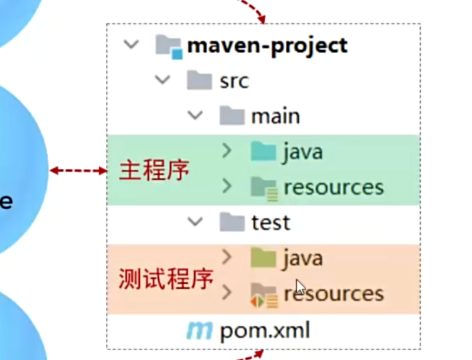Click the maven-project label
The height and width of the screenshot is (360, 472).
click(267, 45)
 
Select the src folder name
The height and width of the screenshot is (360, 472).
click(234, 80)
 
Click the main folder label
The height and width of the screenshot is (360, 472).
click(275, 116)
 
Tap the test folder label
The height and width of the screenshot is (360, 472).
click(271, 222)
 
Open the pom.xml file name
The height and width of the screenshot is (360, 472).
click(265, 331)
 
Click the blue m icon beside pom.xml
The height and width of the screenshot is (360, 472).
click(199, 331)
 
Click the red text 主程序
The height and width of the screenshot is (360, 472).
click(154, 171)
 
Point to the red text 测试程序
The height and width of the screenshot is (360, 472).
click(166, 280)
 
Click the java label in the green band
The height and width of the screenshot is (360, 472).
click(303, 151)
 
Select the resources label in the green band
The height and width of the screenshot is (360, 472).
click(333, 187)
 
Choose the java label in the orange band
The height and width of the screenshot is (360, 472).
click(303, 257)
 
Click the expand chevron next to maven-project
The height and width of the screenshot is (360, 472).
click(131, 45)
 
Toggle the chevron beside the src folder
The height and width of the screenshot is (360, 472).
click(163, 80)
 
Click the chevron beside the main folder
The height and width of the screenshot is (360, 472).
click(195, 115)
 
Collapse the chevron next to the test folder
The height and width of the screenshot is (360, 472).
click(195, 221)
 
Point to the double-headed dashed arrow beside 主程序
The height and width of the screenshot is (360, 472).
click(79, 171)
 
